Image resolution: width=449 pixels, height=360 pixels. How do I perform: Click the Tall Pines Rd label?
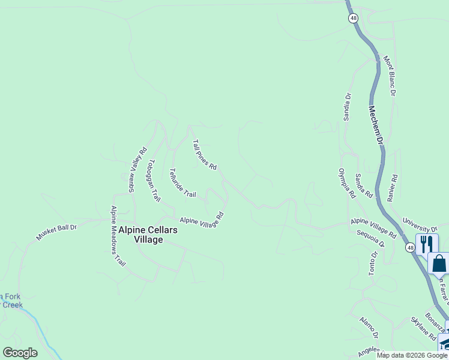pos(204,155)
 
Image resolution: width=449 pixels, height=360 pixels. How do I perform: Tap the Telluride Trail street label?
pos(182,183)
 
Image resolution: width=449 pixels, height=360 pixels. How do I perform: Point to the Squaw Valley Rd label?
pos(137,170)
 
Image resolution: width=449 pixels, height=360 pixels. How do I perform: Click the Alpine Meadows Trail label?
pos(118,236)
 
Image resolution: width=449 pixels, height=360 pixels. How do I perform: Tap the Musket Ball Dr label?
pos(56,232)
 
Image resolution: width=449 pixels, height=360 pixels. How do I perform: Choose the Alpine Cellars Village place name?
pos(140,235)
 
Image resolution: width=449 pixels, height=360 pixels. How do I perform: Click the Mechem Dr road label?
pos(376,125)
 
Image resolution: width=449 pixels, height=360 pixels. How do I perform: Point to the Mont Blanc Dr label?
pos(390,76)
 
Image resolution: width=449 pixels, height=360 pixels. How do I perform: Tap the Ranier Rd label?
pos(394,187)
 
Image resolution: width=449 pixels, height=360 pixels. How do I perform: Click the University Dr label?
pos(420,226)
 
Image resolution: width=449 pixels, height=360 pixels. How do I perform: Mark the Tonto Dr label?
pos(373,263)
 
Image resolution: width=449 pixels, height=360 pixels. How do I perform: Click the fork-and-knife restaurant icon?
pos(427,244)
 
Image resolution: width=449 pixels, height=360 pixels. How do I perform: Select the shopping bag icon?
pos(439,263)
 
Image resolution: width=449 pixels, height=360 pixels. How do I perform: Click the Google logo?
pos(20,353)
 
